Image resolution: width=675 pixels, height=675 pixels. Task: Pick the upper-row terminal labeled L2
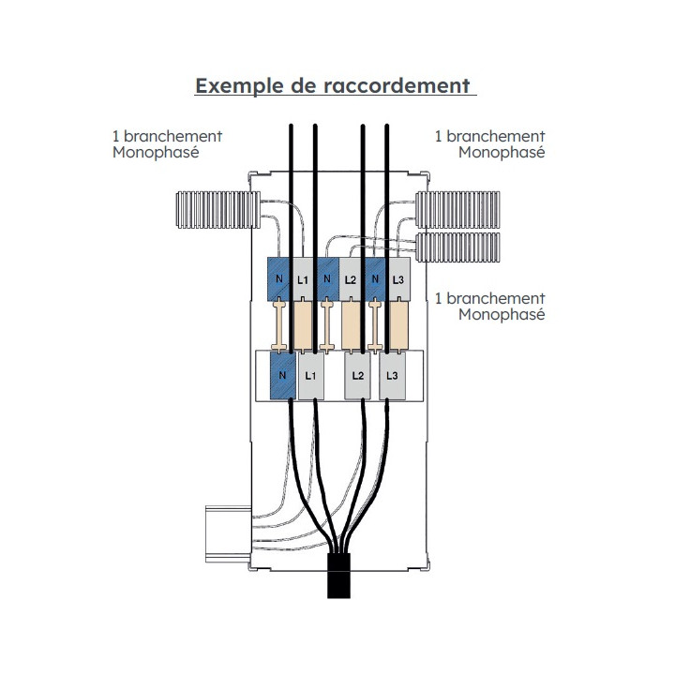click(351, 279)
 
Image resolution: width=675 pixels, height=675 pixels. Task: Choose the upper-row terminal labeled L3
click(397, 279)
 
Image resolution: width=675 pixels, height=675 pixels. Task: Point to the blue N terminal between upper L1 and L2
click(326, 279)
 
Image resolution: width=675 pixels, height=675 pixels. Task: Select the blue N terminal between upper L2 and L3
click(375, 279)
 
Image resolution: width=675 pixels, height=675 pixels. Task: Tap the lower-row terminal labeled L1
click(311, 375)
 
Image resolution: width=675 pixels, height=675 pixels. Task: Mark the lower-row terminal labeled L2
click(357, 375)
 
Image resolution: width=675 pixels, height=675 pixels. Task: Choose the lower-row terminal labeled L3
click(393, 375)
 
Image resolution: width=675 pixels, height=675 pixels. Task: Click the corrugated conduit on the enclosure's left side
click(215, 210)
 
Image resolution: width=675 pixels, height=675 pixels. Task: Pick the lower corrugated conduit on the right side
click(458, 247)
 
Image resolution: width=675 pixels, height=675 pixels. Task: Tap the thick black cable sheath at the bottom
click(338, 575)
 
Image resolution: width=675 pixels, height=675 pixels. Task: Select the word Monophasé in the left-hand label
click(155, 153)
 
